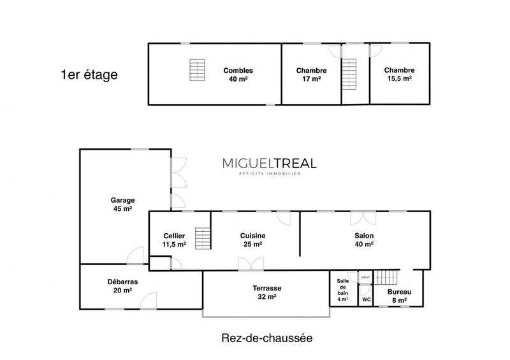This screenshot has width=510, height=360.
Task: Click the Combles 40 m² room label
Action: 238,75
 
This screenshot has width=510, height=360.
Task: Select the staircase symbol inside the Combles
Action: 198,69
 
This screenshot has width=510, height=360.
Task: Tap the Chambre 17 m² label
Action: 312,75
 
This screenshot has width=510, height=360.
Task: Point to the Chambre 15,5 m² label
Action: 399,75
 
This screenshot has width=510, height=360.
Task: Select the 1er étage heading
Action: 89,75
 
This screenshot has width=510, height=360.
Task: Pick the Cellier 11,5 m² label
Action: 174,240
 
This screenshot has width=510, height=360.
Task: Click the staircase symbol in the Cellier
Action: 202,239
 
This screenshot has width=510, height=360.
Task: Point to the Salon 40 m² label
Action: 364,240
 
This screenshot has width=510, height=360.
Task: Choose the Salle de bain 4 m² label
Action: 343,290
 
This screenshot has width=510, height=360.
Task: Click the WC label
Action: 366,299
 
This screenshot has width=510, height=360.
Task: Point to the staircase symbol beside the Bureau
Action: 385,277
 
